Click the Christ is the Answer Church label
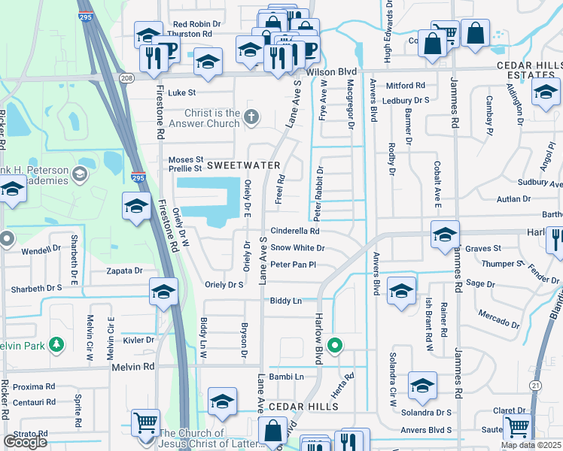[x=203, y=118]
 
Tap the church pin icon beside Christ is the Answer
[x=251, y=117]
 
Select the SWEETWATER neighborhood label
[x=243, y=165]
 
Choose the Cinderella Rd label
[x=295, y=232]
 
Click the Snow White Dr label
[x=297, y=247]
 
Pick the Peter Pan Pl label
[x=293, y=265]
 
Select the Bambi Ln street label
[x=289, y=377]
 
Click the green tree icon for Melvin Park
[x=56, y=345]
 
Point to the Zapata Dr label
[x=124, y=270]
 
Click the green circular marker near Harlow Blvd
[x=336, y=346]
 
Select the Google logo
[x=25, y=442]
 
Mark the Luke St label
[x=181, y=93]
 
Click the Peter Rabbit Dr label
[x=318, y=188]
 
